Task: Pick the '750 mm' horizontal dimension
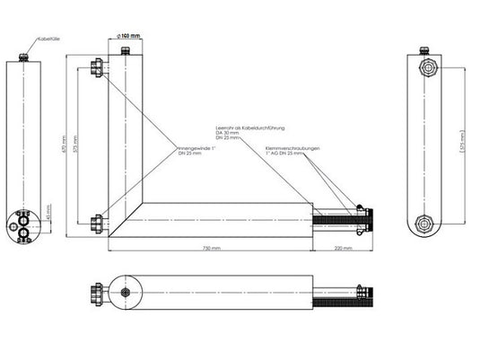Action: pyautogui.click(x=211, y=248)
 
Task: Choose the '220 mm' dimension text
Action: pyautogui.click(x=342, y=248)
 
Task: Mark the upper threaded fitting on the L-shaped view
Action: pyautogui.click(x=98, y=66)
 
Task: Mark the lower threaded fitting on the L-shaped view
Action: pyautogui.click(x=98, y=221)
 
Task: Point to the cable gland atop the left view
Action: pyautogui.click(x=24, y=57)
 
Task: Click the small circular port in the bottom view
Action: pyautogui.click(x=127, y=293)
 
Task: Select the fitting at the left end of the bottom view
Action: pyautogui.click(x=95, y=293)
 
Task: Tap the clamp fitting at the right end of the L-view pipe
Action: pyautogui.click(x=362, y=218)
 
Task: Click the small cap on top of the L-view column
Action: pyautogui.click(x=127, y=48)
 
